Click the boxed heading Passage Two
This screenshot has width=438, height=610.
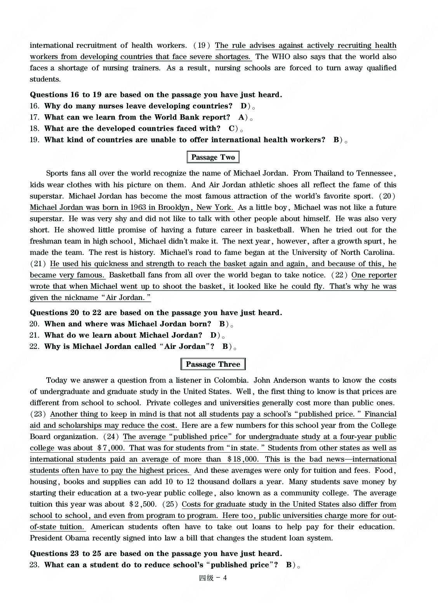(213, 157)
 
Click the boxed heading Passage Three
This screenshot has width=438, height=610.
(213, 364)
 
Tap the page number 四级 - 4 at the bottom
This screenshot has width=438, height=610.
(213, 578)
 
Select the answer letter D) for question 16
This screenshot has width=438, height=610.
(245, 106)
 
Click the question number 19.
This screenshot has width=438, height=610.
(34, 140)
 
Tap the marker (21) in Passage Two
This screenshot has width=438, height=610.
(38, 264)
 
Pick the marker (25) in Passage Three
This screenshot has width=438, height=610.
(170, 504)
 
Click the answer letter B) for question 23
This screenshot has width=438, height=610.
(291, 565)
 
